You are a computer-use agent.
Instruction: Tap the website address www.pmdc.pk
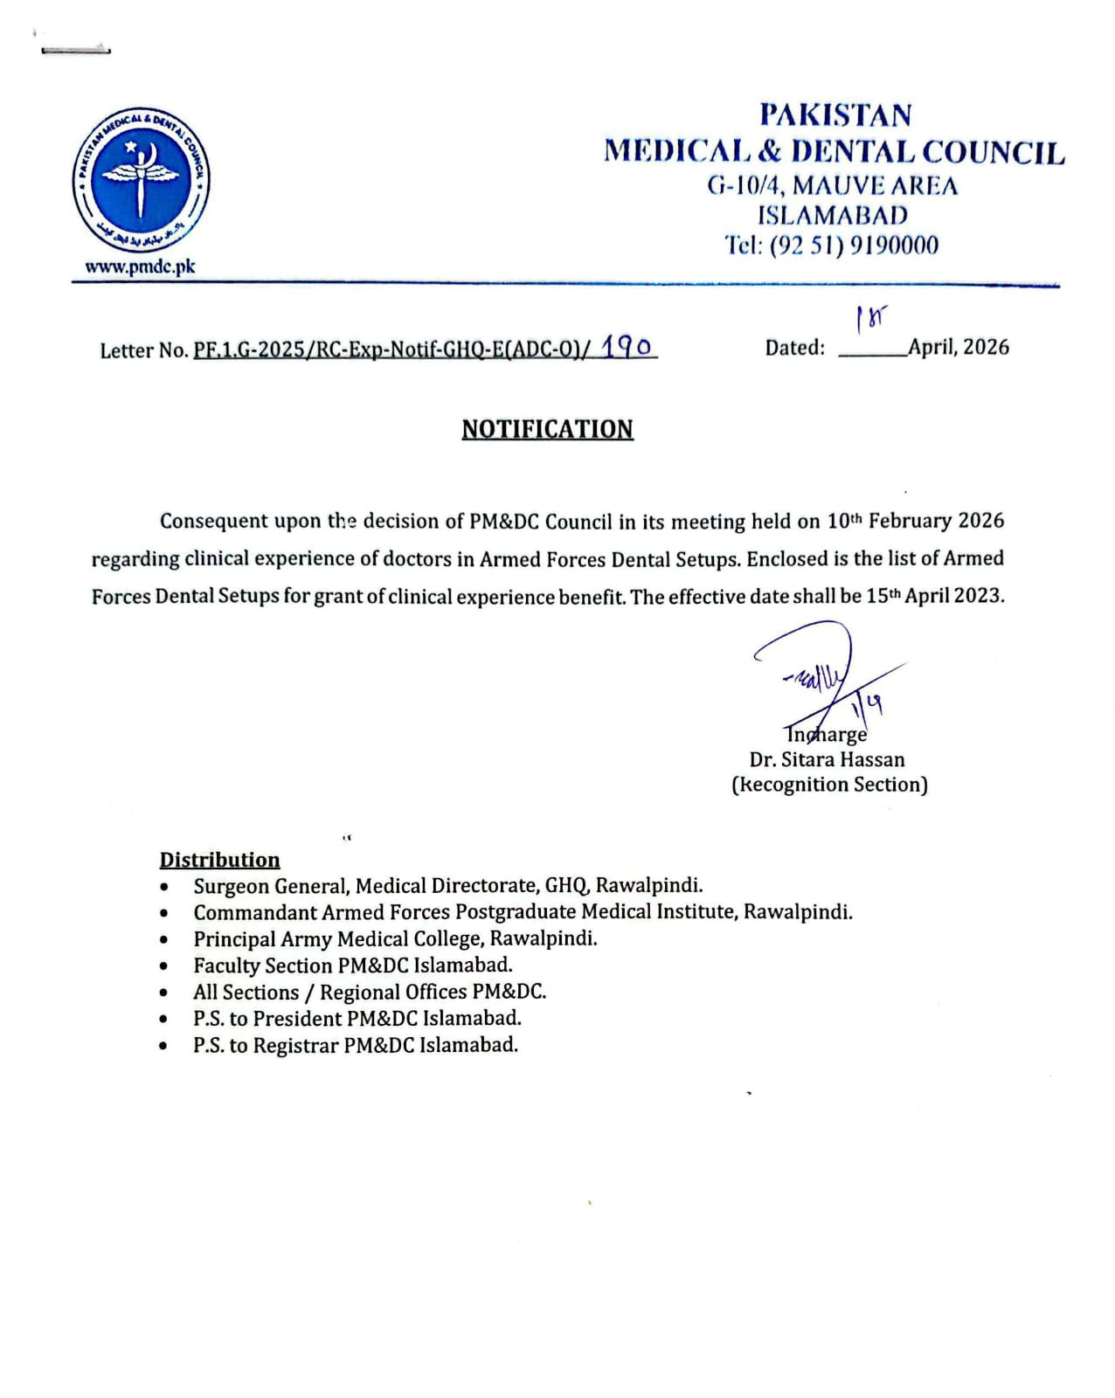pos(140,267)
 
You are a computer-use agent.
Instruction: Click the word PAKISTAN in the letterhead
pos(835,115)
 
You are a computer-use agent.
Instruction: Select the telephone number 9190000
pos(894,246)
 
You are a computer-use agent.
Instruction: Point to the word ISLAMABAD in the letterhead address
pos(832,215)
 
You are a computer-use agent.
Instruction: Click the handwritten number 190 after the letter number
pos(627,347)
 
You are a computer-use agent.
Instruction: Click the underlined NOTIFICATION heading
pos(547,429)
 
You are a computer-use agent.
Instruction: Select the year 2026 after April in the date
pos(987,347)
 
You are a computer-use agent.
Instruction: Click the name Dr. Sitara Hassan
pos(828,759)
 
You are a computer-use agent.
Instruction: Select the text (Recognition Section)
pos(829,785)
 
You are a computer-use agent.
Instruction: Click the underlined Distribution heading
pos(219,860)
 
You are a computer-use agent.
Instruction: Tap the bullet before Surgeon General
pos(164,887)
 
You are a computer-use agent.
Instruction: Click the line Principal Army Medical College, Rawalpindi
pos(395,939)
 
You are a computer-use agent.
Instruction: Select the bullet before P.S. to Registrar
pos(164,1046)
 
